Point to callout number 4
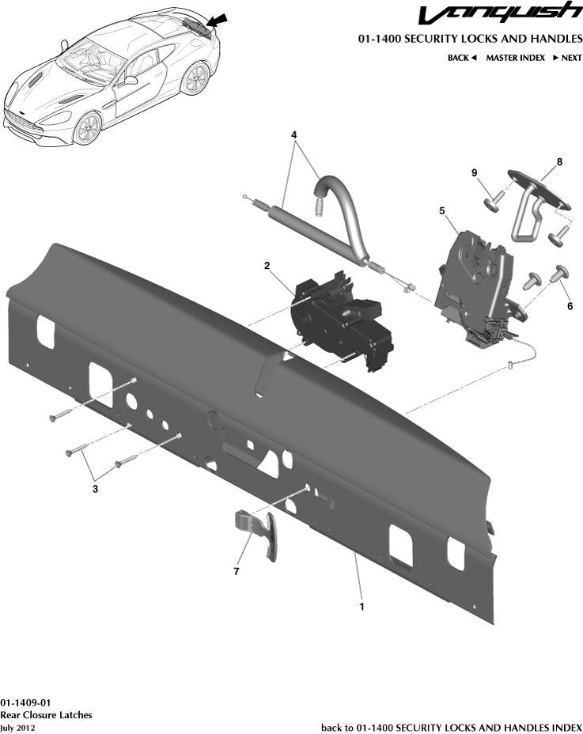(294, 135)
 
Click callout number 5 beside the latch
(442, 211)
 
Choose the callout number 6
(570, 306)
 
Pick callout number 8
(559, 162)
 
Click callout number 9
(475, 173)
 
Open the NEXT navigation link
(567, 58)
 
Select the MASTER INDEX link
(515, 58)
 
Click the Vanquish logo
(499, 16)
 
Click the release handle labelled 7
(261, 535)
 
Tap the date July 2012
(17, 728)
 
